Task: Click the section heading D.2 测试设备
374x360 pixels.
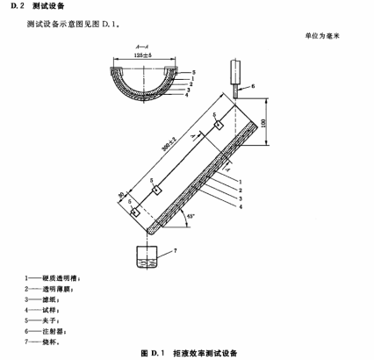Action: (37, 6)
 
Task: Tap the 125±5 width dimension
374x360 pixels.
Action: (143, 55)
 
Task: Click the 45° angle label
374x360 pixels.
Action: (191, 217)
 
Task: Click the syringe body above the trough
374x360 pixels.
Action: (235, 71)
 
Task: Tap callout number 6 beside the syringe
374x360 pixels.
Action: (253, 86)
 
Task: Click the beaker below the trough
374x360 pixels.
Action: (147, 256)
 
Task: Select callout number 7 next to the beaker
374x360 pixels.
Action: (175, 250)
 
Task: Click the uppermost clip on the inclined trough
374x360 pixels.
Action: (219, 125)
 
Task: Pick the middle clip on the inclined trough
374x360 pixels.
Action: (157, 191)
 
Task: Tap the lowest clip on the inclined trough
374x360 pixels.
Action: (135, 212)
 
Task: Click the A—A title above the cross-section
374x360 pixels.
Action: (142, 47)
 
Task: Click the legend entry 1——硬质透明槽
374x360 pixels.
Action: (53, 278)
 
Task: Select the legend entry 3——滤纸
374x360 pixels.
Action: (42, 299)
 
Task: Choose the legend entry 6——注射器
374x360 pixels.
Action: (46, 331)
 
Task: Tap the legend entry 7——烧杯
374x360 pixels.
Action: (42, 342)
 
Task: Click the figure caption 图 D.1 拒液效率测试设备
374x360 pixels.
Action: (189, 353)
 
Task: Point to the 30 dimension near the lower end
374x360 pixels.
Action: (121, 197)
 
